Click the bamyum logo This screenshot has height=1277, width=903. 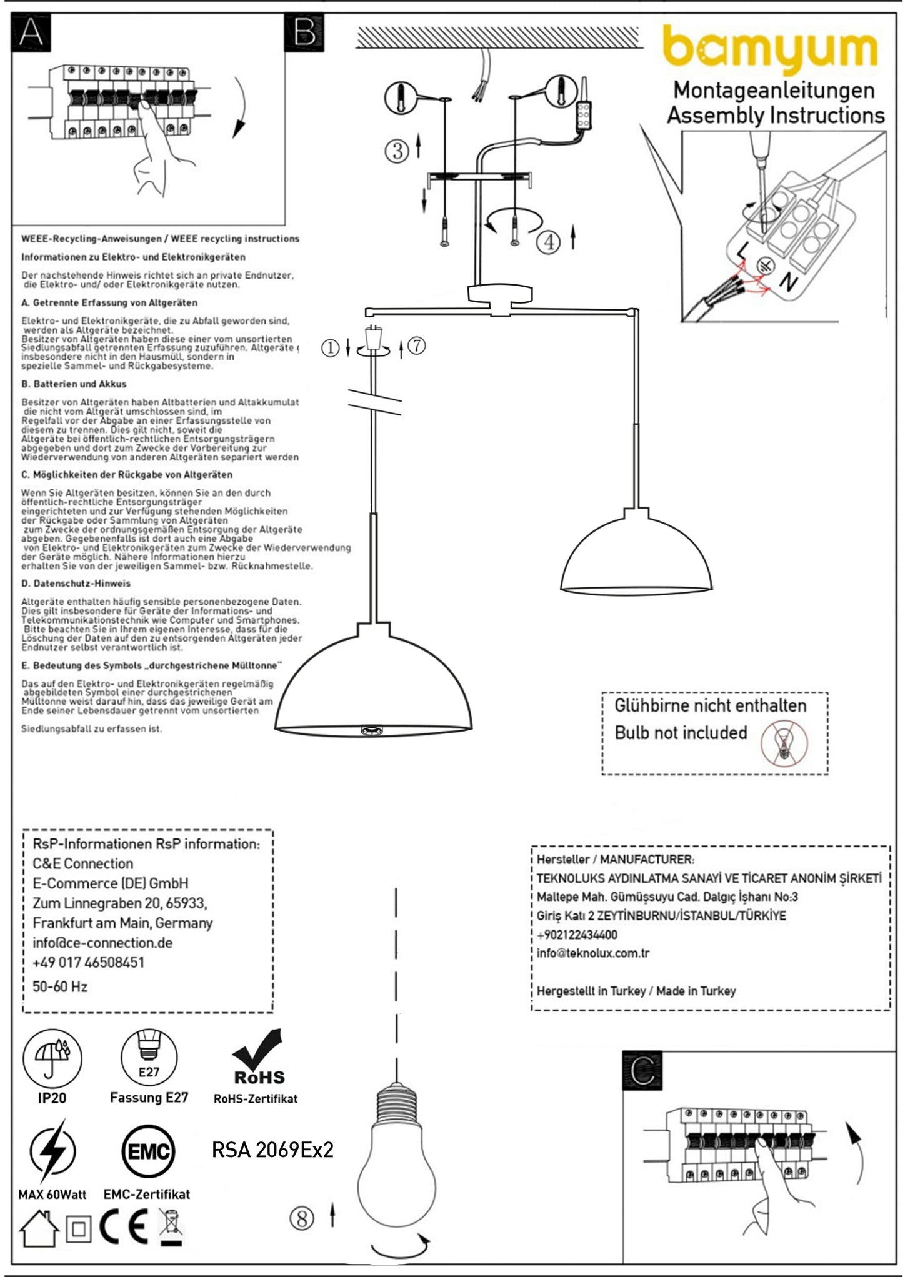click(x=770, y=49)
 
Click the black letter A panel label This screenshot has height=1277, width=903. click(x=31, y=32)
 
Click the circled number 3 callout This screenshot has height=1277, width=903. click(x=397, y=151)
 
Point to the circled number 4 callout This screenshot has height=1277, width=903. click(x=549, y=241)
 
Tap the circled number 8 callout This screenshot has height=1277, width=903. click(x=302, y=1216)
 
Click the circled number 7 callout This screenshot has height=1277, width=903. click(x=417, y=345)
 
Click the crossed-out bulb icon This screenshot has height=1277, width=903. click(x=784, y=743)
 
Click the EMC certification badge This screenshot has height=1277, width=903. click(x=148, y=1151)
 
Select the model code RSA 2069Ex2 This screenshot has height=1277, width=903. click(x=272, y=1150)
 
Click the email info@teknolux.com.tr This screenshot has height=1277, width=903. click(x=592, y=953)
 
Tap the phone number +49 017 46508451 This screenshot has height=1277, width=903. click(x=88, y=962)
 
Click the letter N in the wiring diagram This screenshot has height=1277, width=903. click(x=789, y=282)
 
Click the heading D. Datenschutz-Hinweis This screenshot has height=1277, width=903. click(x=76, y=583)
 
